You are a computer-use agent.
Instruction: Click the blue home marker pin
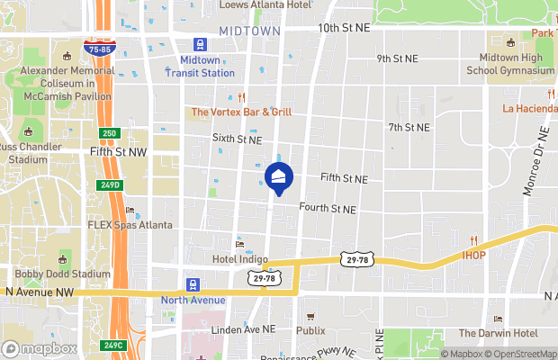point(279,178)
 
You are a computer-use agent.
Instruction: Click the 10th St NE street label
point(344,29)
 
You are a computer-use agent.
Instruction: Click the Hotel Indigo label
point(240,259)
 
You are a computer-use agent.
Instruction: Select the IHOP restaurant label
point(473,255)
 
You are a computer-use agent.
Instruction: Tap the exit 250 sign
point(110,133)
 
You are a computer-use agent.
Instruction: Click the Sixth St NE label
point(237,139)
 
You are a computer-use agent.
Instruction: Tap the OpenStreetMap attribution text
point(516,353)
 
